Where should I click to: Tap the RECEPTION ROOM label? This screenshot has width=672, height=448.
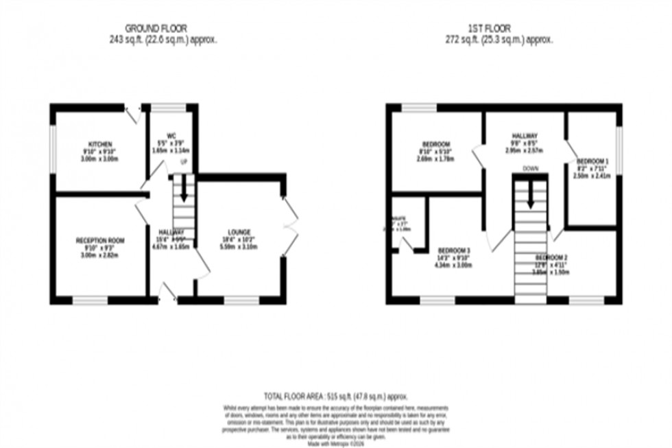click(100, 241)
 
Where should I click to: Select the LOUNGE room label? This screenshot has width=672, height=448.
click(239, 231)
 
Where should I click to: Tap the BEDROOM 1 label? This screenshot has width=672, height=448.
click(592, 161)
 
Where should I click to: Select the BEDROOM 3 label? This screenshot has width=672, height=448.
click(455, 250)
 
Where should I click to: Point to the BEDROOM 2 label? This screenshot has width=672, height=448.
click(551, 258)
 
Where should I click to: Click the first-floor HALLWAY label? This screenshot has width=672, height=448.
click(524, 136)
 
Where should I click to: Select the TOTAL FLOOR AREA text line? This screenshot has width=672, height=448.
click(336, 397)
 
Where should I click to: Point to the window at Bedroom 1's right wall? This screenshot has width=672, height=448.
click(619, 146)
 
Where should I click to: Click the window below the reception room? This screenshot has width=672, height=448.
click(91, 300)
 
